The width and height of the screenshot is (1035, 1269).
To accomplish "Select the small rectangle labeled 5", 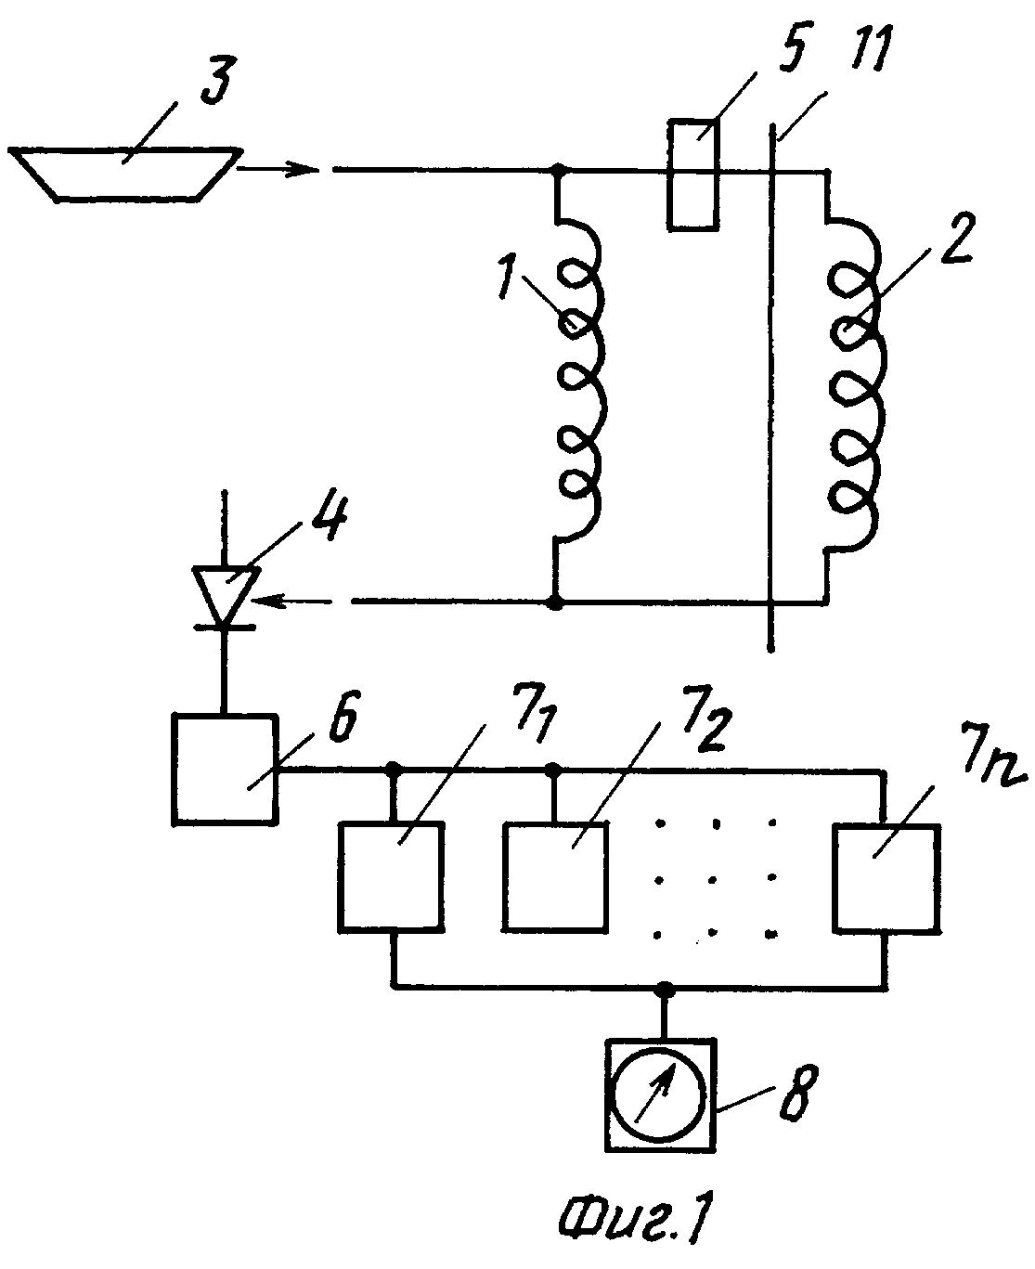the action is click(x=692, y=175).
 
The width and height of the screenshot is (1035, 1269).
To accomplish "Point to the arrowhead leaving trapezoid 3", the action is click(x=301, y=170).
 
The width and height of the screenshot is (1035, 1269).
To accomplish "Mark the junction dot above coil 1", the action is click(x=560, y=171).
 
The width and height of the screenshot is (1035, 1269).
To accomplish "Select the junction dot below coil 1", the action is click(x=557, y=602).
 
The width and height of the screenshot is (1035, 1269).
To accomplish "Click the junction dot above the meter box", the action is click(x=665, y=987).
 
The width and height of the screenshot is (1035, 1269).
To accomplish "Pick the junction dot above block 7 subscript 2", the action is click(x=553, y=769).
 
